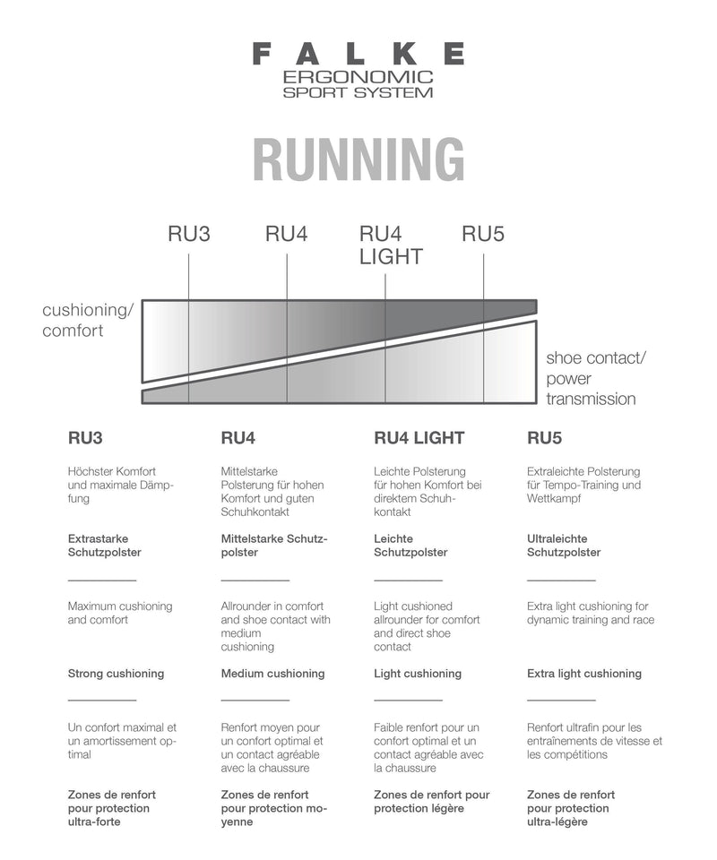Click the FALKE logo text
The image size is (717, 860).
358,54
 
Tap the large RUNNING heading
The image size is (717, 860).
358,159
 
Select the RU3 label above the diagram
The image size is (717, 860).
189,235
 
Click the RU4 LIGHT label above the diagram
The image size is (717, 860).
391,245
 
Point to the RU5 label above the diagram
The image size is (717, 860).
483,235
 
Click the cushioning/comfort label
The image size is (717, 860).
88,320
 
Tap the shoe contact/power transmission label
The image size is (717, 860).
596,378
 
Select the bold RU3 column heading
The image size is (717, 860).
85,438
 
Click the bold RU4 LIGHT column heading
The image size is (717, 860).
419,438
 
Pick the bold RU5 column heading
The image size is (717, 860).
544,438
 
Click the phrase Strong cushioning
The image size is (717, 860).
116,674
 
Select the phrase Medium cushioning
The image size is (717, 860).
272,674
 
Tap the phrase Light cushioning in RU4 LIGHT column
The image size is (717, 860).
418,674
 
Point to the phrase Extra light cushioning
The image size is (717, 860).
584,674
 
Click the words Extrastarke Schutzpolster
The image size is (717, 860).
104,546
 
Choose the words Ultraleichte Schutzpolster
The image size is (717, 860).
564,546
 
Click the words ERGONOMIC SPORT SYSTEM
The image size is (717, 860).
358,84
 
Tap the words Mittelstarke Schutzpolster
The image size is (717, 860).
274,546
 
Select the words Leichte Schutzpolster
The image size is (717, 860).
410,546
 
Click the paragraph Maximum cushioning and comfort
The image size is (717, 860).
120,613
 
